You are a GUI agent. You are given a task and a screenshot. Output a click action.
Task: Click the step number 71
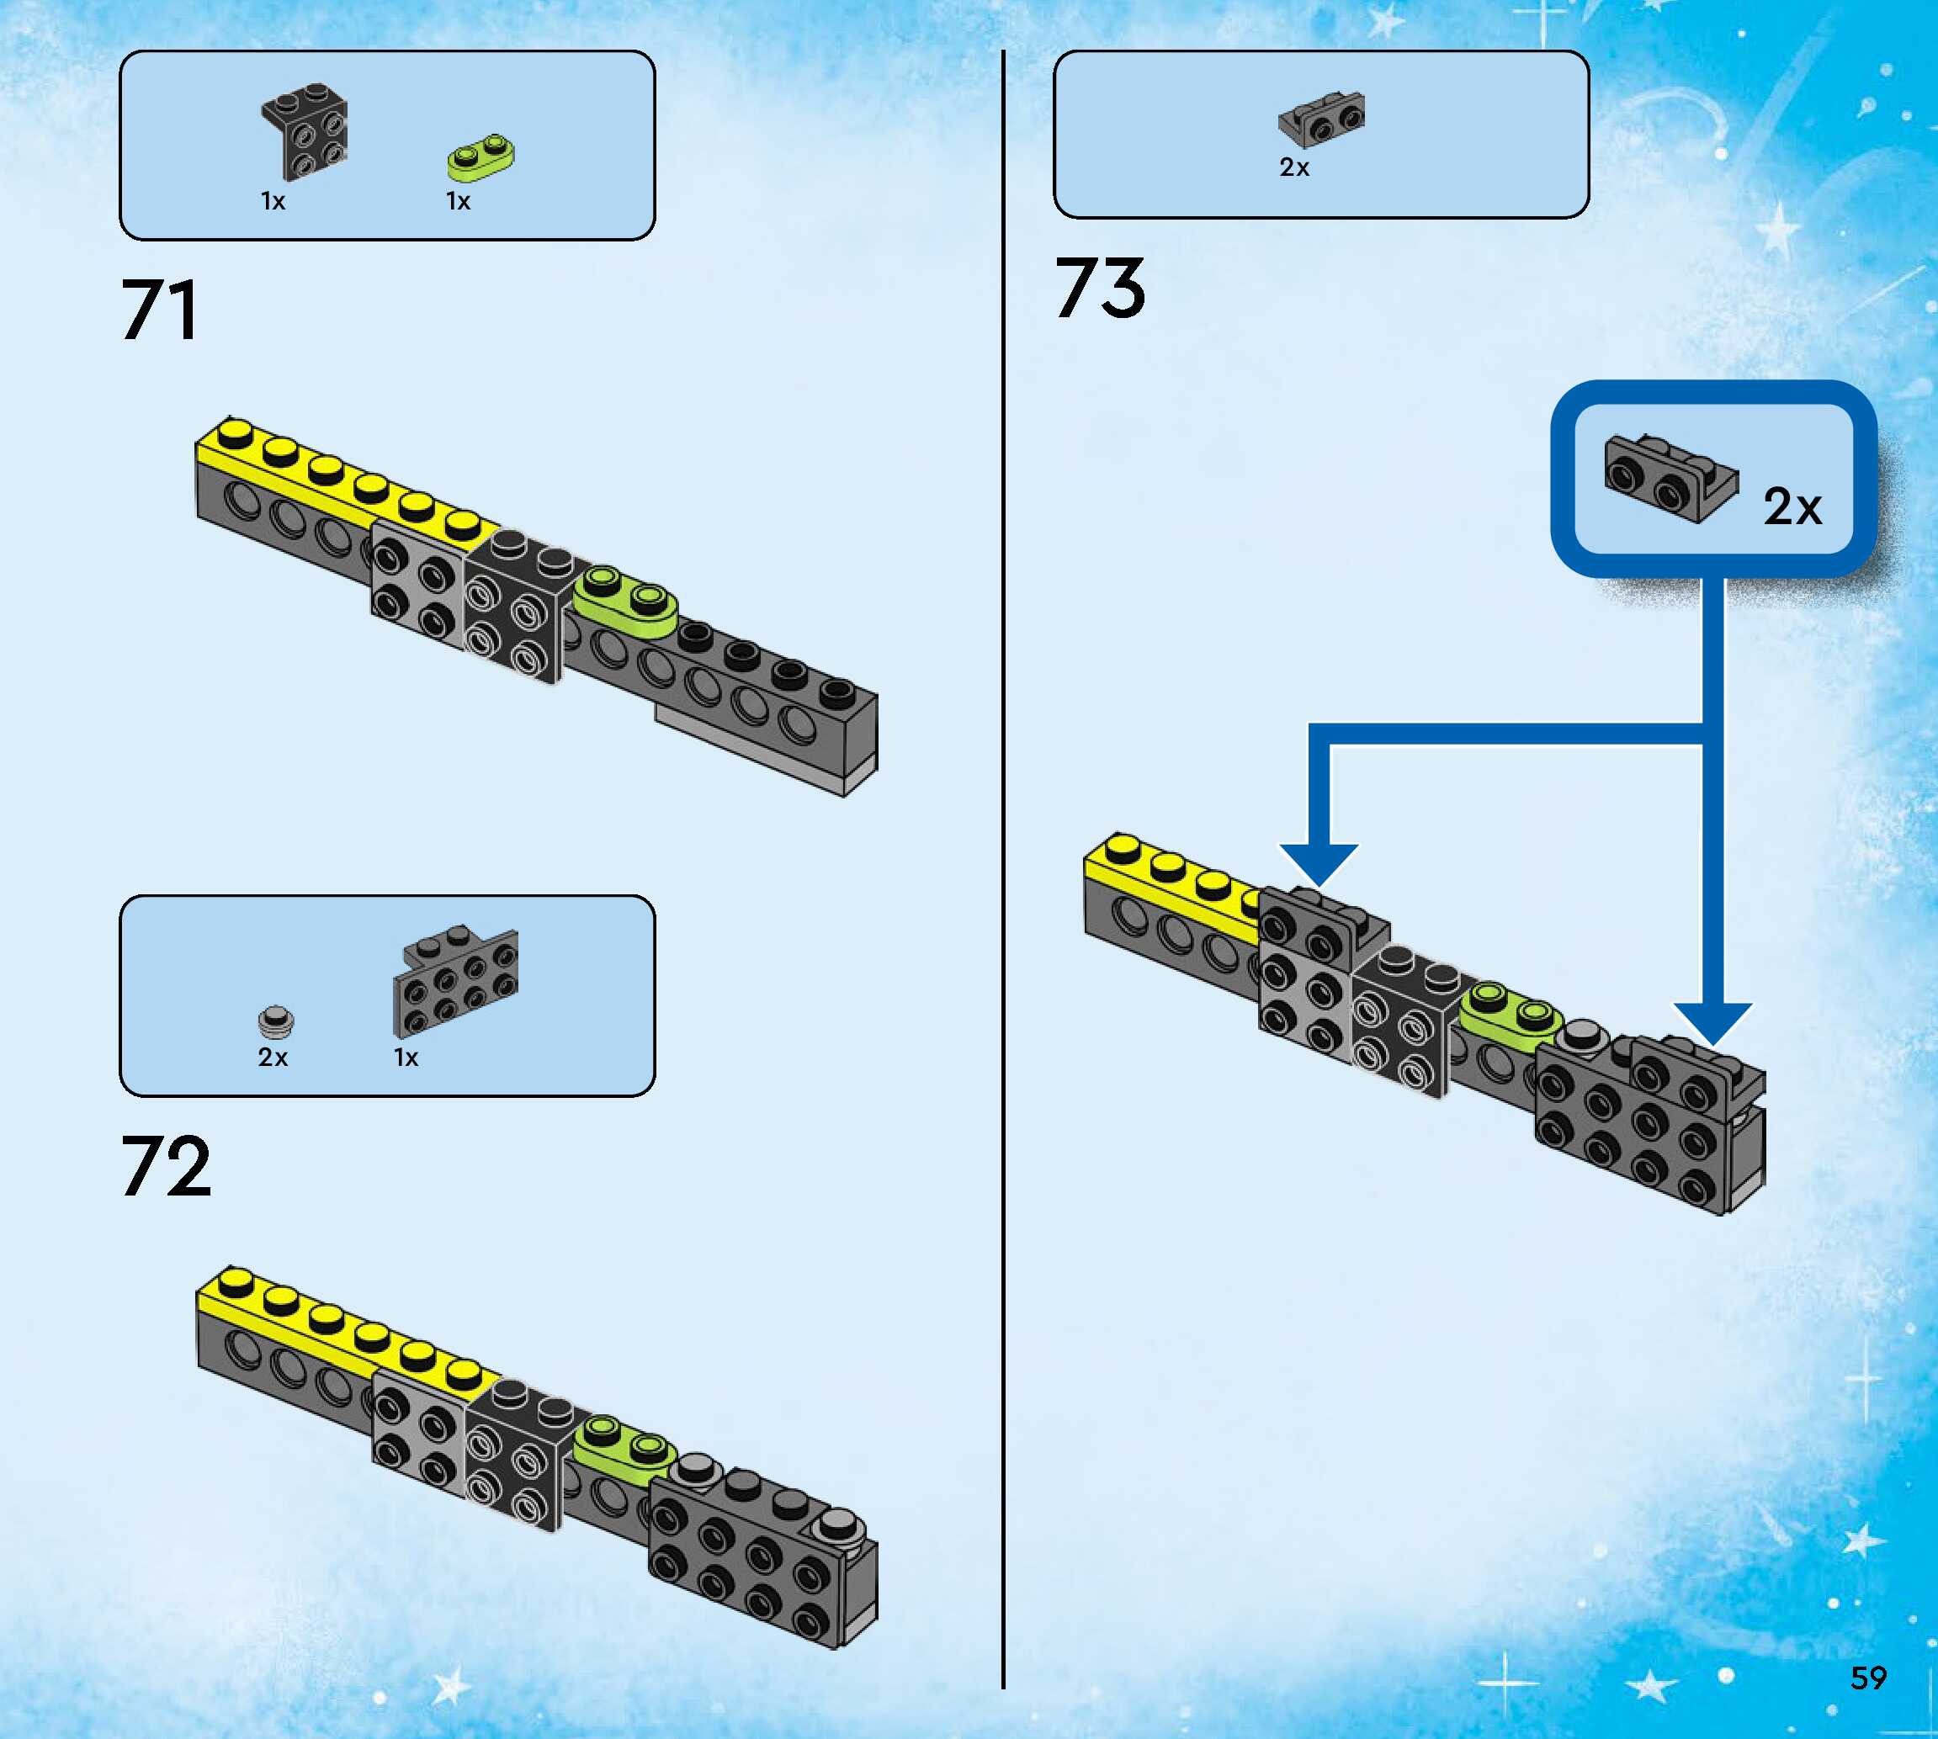pyautogui.click(x=160, y=310)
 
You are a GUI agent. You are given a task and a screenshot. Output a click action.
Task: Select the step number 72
pyautogui.click(x=165, y=1167)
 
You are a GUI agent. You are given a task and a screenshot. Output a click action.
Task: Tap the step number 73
pyautogui.click(x=1100, y=289)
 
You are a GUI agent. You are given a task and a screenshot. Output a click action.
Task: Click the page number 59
pyautogui.click(x=1868, y=1678)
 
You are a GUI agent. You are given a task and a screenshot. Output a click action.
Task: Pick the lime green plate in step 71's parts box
pyautogui.click(x=481, y=156)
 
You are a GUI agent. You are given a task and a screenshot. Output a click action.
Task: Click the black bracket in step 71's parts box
pyautogui.click(x=305, y=133)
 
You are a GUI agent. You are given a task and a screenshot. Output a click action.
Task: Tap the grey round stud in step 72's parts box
pyautogui.click(x=276, y=1021)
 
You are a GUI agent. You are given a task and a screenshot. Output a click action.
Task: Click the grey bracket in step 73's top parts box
pyautogui.click(x=1322, y=119)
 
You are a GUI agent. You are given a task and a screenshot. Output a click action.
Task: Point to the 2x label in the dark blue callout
pyautogui.click(x=1792, y=506)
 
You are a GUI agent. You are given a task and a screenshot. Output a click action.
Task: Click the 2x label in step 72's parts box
pyautogui.click(x=273, y=1057)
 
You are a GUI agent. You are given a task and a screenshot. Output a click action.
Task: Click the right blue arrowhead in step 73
pyautogui.click(x=1712, y=1021)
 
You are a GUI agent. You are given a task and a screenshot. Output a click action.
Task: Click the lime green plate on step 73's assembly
pyautogui.click(x=1507, y=1016)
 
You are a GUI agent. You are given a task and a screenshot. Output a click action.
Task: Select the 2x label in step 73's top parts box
pyautogui.click(x=1294, y=167)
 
